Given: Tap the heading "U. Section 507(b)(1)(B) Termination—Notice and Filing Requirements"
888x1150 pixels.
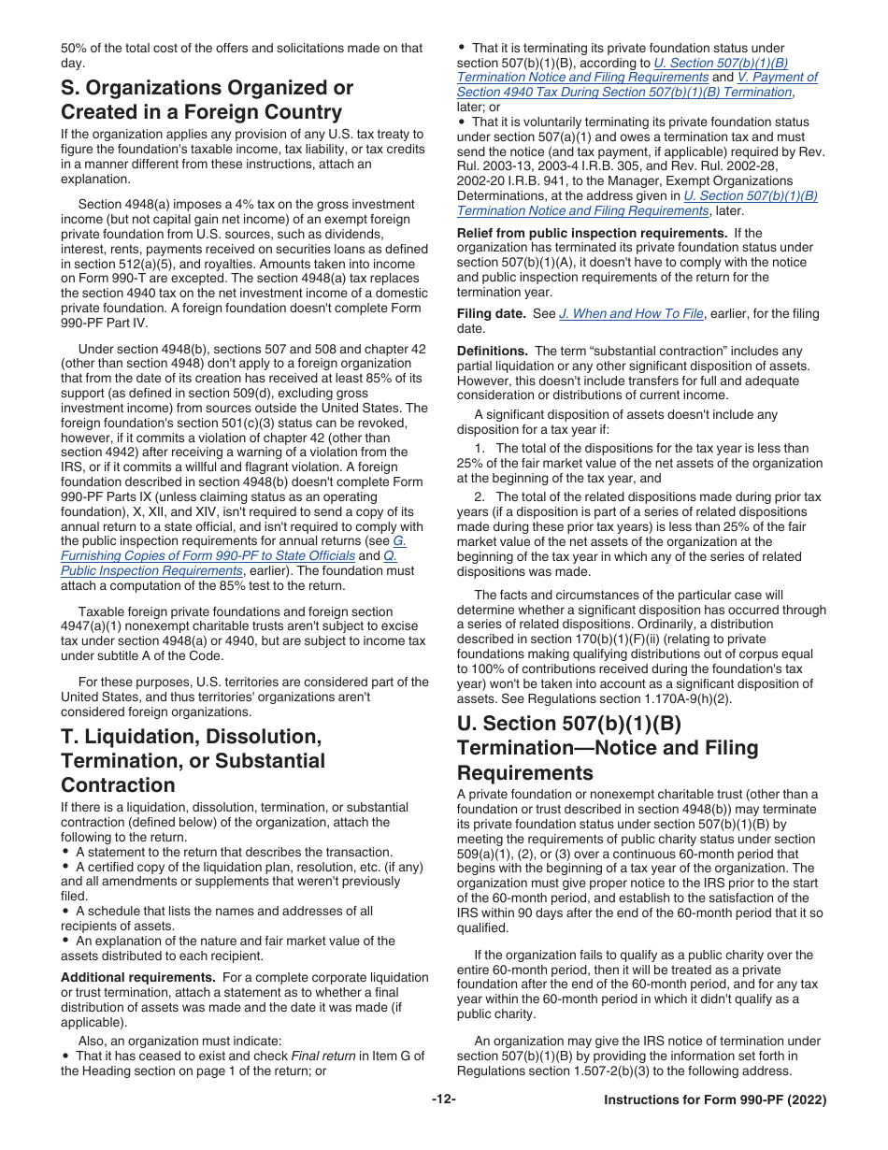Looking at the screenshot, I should pos(608,748).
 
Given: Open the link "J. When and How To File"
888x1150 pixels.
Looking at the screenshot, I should pos(631,314).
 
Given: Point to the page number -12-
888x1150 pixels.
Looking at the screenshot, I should pos(444,1100).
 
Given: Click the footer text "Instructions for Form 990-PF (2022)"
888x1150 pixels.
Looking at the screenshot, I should pos(715,1100).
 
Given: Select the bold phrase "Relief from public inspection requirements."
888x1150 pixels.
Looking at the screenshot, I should pos(582,233).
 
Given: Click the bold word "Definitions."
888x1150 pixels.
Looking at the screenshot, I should pos(493,351).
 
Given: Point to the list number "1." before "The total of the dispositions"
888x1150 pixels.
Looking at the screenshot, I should pos(479,449).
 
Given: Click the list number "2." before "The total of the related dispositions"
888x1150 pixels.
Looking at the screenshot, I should pos(479,497).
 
